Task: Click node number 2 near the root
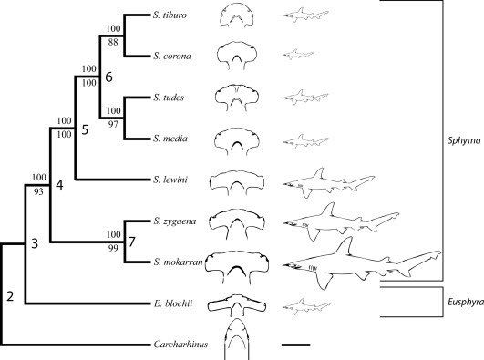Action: click(11, 294)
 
